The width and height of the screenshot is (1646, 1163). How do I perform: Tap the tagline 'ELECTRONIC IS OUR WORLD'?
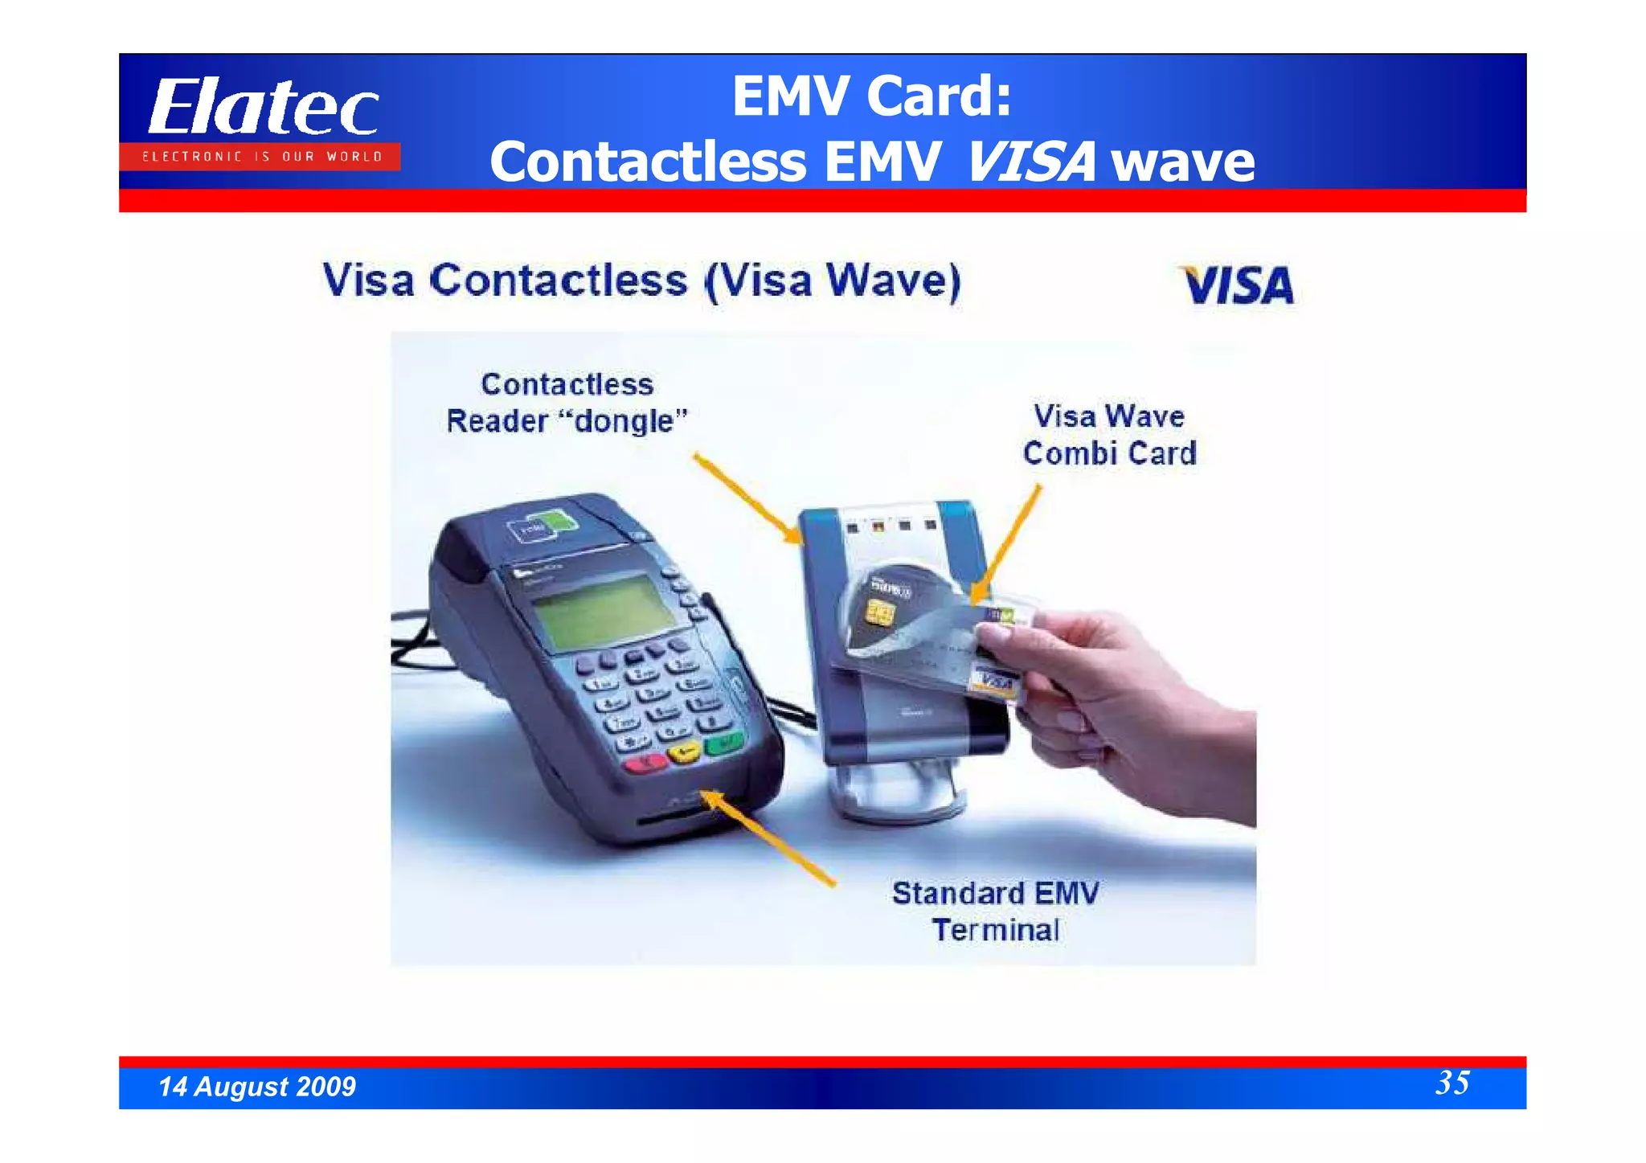262,157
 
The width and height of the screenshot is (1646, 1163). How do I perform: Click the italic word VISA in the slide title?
1031,162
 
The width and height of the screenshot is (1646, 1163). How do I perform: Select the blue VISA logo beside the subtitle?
1239,285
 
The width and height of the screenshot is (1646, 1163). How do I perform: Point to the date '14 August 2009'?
257,1087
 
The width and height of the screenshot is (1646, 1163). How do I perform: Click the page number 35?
1452,1083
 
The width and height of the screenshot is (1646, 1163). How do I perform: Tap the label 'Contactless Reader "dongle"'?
567,403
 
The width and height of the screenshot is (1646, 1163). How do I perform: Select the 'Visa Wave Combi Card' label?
1109,435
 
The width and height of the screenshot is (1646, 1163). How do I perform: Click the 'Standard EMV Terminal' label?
996,911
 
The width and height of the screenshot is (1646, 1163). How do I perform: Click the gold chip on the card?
880,614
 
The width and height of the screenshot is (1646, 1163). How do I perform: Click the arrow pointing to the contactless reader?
747,498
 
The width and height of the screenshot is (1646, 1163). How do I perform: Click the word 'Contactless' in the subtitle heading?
559,281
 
